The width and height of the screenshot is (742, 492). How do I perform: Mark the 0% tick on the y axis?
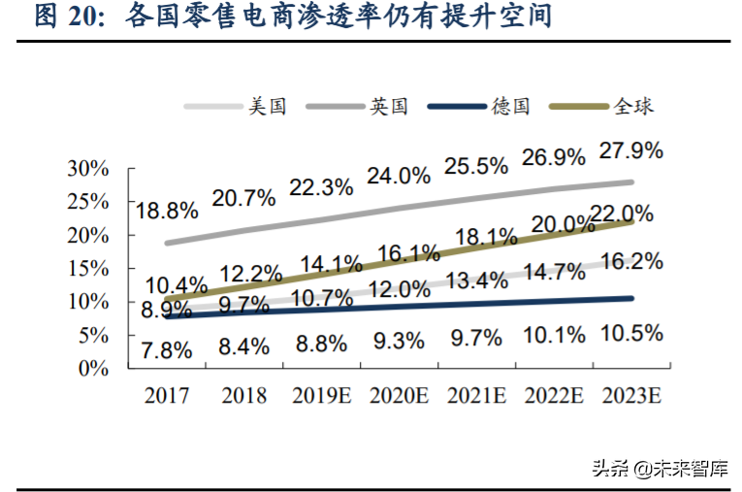pos(93,368)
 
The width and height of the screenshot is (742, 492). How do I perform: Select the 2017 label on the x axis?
pos(167,395)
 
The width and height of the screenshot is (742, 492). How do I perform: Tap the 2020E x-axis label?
pos(399,395)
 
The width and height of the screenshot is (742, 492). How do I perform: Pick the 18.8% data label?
pos(167,211)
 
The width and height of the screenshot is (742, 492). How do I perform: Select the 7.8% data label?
pos(167,350)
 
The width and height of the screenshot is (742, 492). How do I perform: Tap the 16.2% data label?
pos(631,261)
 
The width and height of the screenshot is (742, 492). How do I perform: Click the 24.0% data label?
pos(398,176)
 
